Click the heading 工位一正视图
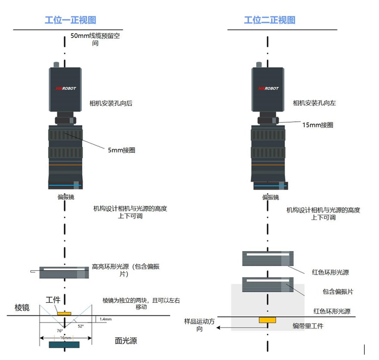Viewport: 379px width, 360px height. [70, 20]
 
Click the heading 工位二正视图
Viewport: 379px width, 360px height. [270, 20]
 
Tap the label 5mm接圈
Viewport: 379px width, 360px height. [121, 150]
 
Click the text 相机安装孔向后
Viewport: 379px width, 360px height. [110, 103]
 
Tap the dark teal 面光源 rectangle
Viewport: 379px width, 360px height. [64, 345]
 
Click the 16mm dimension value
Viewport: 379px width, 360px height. [64, 338]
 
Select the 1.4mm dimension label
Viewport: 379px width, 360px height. [105, 319]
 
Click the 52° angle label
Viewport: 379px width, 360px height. [81, 326]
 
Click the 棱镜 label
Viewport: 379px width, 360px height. [21, 307]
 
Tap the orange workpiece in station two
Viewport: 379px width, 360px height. [267, 319]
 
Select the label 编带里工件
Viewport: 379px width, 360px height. [307, 326]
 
